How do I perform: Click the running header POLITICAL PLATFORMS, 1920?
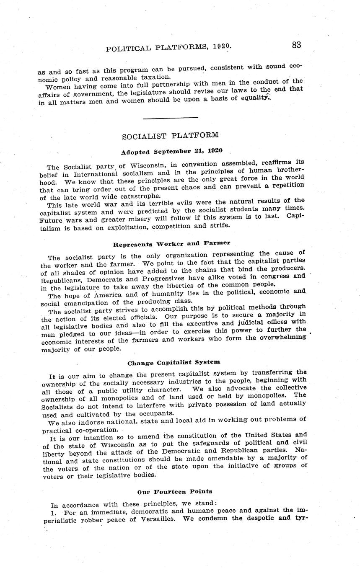(x=168, y=48)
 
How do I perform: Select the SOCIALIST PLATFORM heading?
(x=170, y=136)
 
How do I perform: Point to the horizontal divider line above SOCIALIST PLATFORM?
(x=170, y=118)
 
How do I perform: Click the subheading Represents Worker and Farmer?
(x=171, y=243)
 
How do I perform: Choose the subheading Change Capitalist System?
(x=174, y=362)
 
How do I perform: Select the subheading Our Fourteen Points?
(x=174, y=492)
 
